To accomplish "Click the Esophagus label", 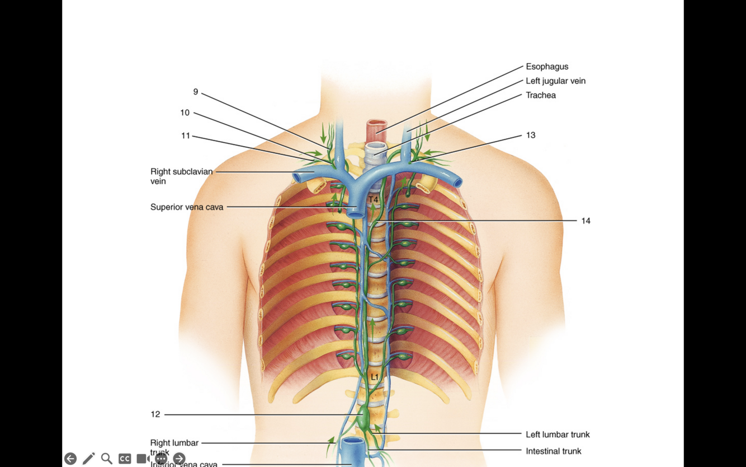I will [x=546, y=67].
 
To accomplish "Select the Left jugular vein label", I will [x=555, y=81].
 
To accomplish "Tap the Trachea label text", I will [x=540, y=95].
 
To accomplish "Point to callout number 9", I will [x=196, y=92].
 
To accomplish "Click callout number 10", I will [x=185, y=113].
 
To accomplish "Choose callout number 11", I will [x=186, y=136].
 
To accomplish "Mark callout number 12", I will [x=155, y=414].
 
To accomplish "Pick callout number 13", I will [x=530, y=135].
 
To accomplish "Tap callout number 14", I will [x=586, y=221].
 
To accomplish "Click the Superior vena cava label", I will [x=187, y=207].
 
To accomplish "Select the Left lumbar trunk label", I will [x=557, y=435].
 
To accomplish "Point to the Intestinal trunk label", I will [x=553, y=451].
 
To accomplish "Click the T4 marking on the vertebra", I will [x=373, y=199].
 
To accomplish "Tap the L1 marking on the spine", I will [x=374, y=377].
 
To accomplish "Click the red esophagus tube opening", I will [x=377, y=125].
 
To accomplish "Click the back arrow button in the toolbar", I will [x=70, y=459].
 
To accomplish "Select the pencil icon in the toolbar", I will [x=88, y=459].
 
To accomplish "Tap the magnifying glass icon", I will [x=106, y=459].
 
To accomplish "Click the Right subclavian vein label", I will [x=181, y=176].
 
